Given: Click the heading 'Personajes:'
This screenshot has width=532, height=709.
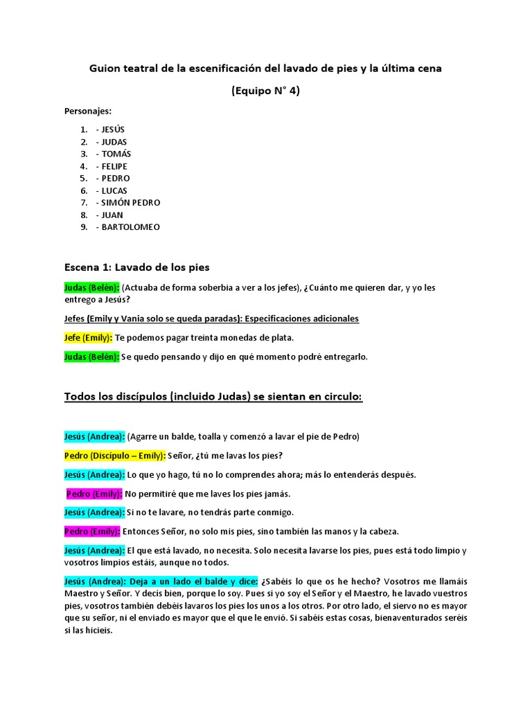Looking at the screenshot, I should pyautogui.click(x=88, y=111).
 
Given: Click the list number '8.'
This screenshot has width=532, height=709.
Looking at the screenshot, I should pyautogui.click(x=83, y=215).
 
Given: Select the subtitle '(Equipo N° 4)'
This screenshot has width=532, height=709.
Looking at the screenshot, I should pyautogui.click(x=265, y=91).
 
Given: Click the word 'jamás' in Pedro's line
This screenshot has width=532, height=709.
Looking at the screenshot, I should pyautogui.click(x=276, y=494).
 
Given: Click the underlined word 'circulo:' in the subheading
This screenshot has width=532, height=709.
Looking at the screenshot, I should pyautogui.click(x=339, y=397).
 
